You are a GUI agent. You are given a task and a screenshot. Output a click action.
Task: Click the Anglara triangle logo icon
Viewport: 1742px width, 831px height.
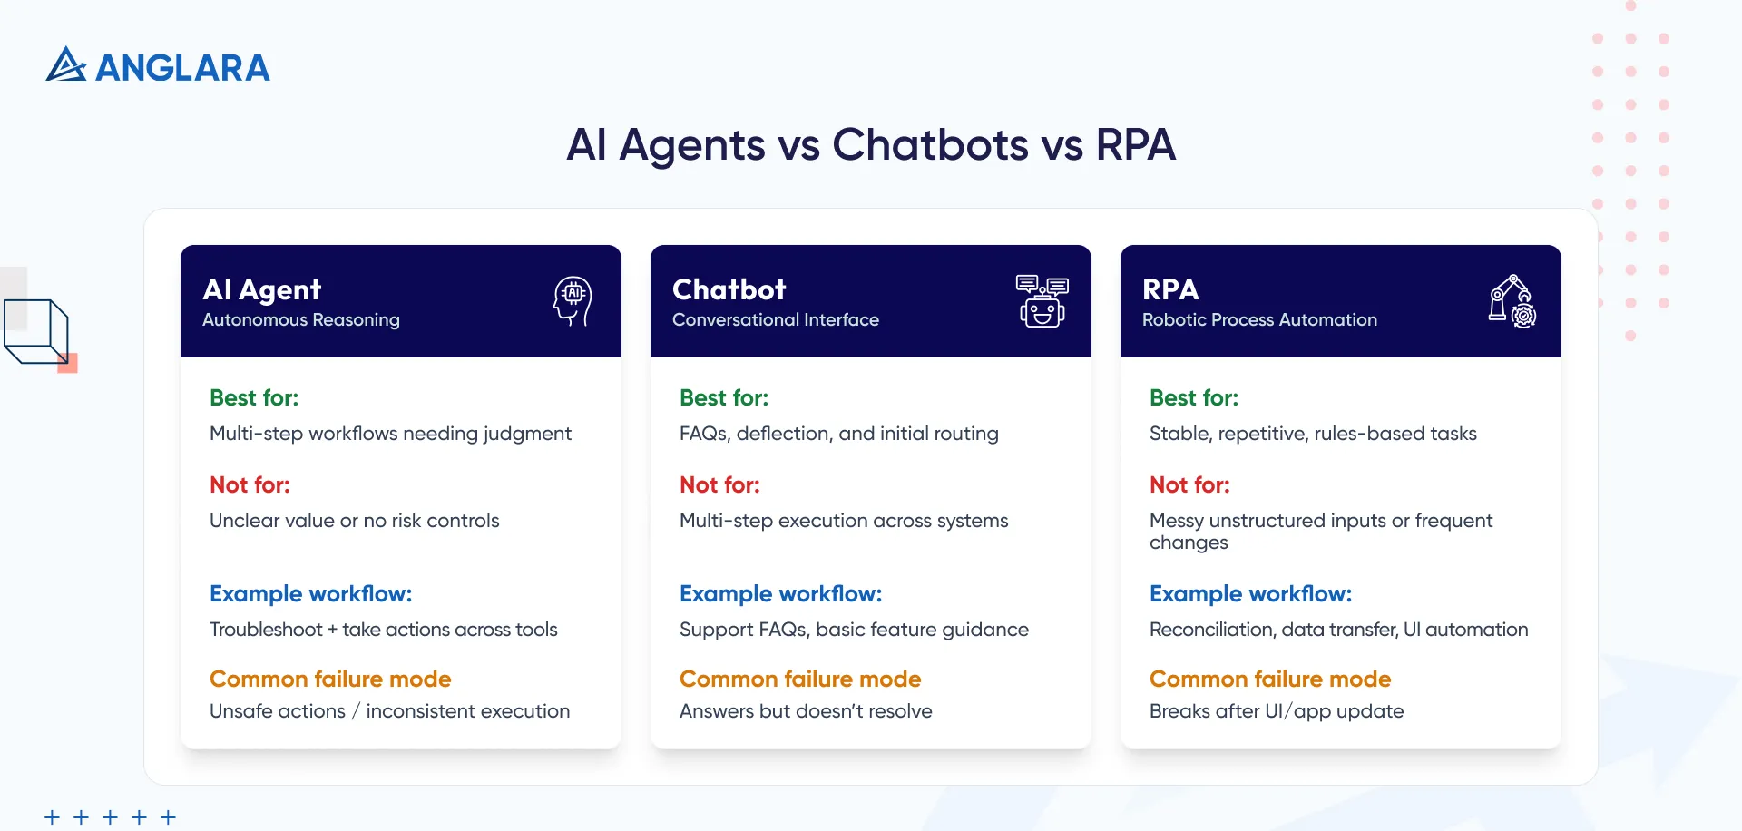(66, 65)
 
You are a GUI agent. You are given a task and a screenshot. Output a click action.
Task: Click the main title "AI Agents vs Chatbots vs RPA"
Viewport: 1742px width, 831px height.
(871, 145)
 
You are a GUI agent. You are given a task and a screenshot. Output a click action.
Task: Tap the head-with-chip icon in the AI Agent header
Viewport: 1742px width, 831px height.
(573, 300)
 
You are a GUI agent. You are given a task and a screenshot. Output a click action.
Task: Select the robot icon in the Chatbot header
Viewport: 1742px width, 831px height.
(1042, 301)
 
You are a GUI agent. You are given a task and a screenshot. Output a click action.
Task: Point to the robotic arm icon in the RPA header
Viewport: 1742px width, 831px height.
(1512, 301)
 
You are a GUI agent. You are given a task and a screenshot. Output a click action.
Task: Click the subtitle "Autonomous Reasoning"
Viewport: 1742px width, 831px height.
(301, 320)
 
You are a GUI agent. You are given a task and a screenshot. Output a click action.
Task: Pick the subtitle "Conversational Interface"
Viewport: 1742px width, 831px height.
(776, 320)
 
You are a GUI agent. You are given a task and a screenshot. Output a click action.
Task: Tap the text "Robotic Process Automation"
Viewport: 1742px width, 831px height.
(1259, 320)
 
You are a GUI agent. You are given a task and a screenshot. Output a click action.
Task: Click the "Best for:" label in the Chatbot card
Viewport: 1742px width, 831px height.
(724, 398)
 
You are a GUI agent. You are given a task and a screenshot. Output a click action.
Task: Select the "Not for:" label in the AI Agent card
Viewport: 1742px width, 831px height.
(250, 485)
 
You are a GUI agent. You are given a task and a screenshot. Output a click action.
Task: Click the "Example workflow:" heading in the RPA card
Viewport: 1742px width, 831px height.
(1250, 594)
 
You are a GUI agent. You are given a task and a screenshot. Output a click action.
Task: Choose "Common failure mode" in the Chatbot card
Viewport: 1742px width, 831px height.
(800, 679)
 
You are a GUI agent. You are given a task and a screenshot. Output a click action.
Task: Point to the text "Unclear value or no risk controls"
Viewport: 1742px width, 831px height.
(355, 521)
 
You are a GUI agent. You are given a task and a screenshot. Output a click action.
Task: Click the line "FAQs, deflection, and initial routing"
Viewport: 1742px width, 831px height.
(839, 434)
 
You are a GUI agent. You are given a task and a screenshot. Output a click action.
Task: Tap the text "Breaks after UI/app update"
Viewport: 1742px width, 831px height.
(1277, 711)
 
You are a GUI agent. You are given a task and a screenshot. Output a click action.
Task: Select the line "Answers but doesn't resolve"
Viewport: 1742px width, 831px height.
(806, 711)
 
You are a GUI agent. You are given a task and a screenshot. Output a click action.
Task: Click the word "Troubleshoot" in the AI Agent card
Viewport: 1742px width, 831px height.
(266, 630)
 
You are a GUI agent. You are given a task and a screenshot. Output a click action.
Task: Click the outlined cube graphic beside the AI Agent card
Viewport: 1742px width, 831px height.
(37, 332)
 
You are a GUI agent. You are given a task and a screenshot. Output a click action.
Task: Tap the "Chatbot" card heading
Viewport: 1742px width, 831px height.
(729, 290)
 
